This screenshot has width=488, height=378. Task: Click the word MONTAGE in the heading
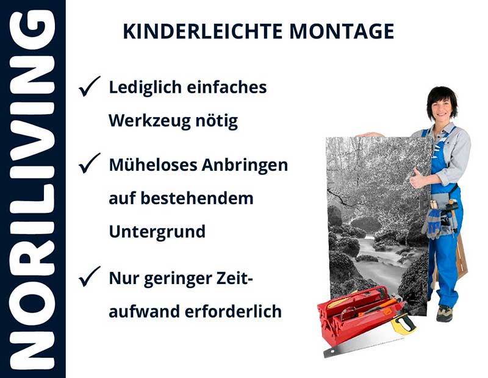point(342,31)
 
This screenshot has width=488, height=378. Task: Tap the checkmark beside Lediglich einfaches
point(90,88)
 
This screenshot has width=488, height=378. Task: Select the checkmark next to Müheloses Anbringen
point(90,163)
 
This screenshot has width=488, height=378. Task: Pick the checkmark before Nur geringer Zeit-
point(90,277)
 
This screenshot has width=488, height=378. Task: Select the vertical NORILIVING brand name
point(32,189)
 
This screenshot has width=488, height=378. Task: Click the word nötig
point(217,121)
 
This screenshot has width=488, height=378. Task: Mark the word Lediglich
point(145,87)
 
